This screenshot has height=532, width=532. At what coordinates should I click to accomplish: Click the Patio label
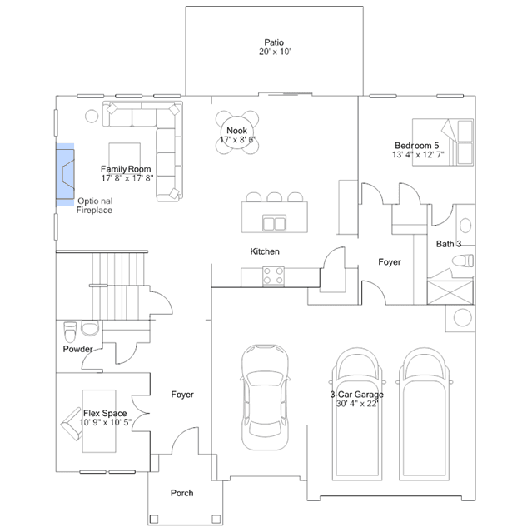[x=274, y=42]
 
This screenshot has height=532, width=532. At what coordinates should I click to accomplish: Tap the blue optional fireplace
[x=65, y=174]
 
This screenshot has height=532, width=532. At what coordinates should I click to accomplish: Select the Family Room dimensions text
[x=127, y=178]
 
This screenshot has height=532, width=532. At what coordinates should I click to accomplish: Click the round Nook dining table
[x=236, y=132]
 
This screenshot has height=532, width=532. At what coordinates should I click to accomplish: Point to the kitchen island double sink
[x=274, y=224]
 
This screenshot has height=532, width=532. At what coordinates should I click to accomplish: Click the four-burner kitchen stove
[x=273, y=276]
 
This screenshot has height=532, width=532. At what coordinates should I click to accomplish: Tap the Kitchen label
[x=265, y=251]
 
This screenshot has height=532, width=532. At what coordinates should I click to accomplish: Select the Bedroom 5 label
[x=416, y=146]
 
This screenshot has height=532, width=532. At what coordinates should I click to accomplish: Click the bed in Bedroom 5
[x=443, y=142]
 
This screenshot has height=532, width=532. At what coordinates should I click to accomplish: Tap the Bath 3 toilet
[x=463, y=261]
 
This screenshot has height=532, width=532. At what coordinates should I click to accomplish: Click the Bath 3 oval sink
[x=465, y=226]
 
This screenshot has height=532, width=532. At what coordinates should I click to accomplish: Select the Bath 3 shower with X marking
[x=450, y=291]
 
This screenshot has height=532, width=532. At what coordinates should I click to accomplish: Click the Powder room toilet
[x=70, y=332]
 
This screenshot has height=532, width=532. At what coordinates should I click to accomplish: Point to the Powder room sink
[x=90, y=328]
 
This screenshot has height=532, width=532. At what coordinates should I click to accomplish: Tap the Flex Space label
[x=105, y=413]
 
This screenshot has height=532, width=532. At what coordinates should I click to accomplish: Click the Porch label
[x=181, y=493]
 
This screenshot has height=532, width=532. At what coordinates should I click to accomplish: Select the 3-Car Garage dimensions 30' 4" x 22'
[x=357, y=404]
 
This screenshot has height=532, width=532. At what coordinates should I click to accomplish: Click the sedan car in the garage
[x=265, y=397]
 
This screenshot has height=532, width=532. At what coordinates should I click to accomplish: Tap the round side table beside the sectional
[x=92, y=116]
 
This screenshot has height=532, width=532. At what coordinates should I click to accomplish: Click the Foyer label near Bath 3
[x=390, y=262]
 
